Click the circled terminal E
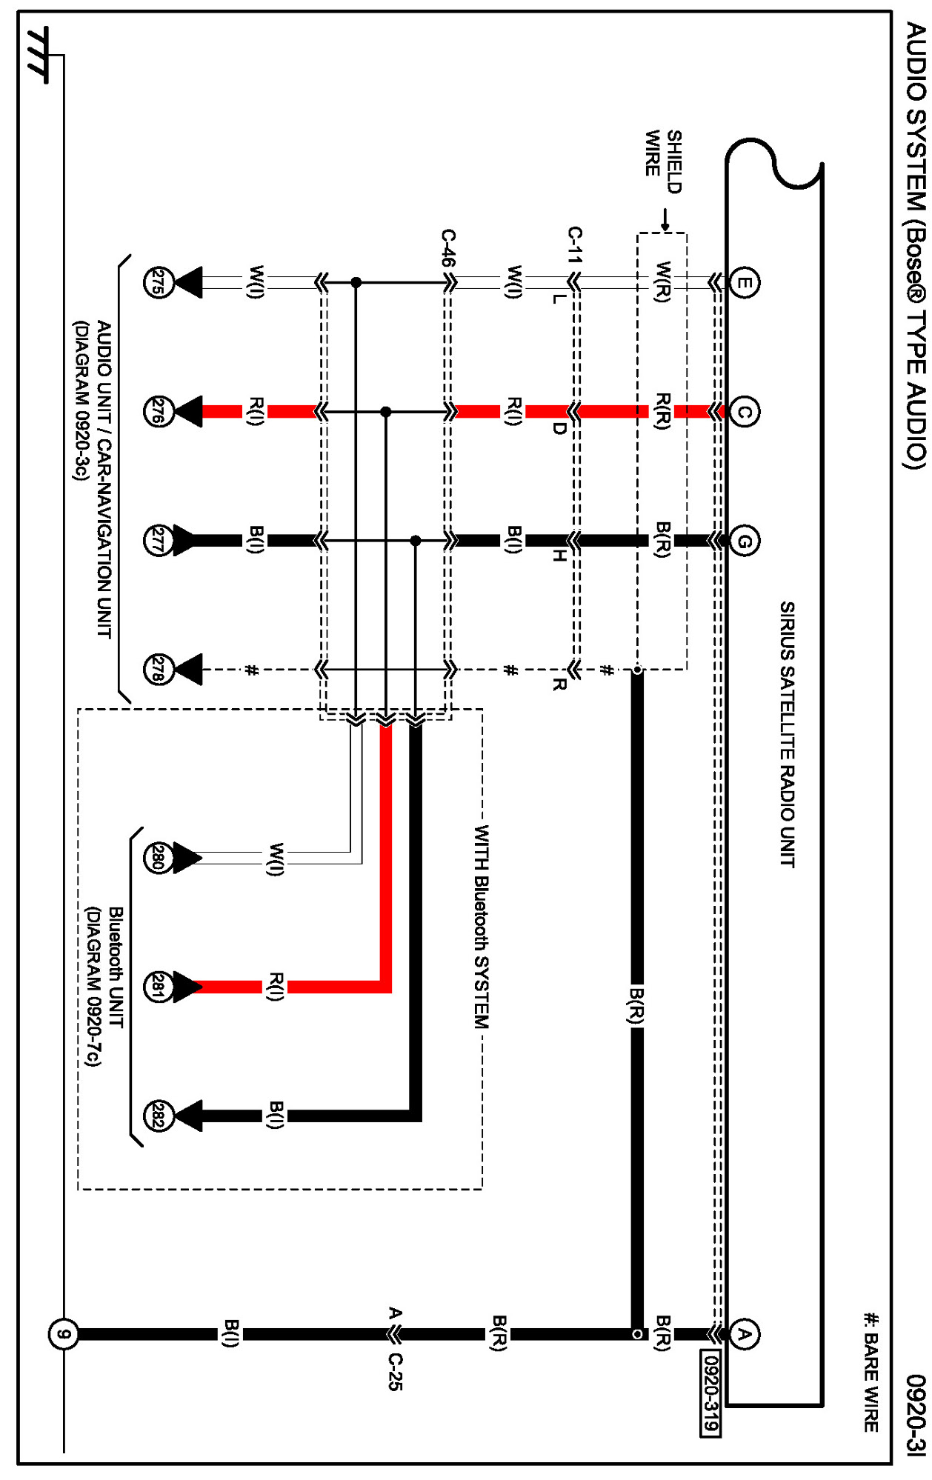pos(744,282)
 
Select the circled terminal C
pos(744,411)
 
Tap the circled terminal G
pos(744,541)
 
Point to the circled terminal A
pos(744,1334)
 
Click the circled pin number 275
pos(158,282)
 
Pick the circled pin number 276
pos(158,411)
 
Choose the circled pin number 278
pos(158,670)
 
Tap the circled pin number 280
pos(158,859)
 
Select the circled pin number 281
pos(158,987)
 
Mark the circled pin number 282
pos(158,1116)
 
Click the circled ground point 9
pos(64,1334)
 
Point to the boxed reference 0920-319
pos(710,1392)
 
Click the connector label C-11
pos(575,245)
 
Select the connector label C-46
pos(448,247)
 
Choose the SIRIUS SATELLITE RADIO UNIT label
pos(788,733)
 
